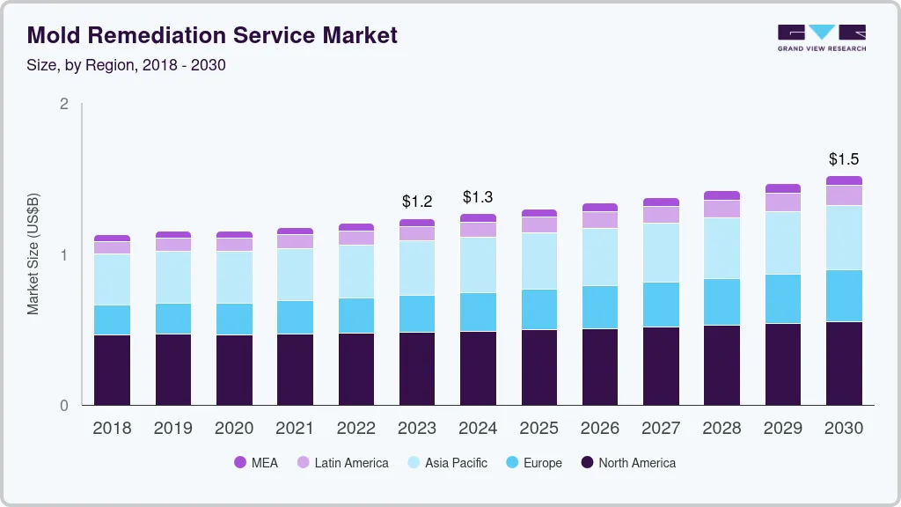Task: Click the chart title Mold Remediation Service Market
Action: pyautogui.click(x=212, y=35)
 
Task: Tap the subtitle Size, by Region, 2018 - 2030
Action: pyautogui.click(x=127, y=65)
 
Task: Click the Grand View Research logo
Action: pyautogui.click(x=821, y=37)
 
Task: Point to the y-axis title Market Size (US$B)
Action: pyautogui.click(x=33, y=255)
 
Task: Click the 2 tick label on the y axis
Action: pyautogui.click(x=63, y=104)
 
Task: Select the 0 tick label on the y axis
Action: pyautogui.click(x=63, y=406)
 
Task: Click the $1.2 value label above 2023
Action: pyautogui.click(x=417, y=202)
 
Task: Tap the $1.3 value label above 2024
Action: pyautogui.click(x=478, y=196)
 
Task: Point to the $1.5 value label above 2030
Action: pyautogui.click(x=844, y=159)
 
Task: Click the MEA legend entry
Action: pyautogui.click(x=255, y=463)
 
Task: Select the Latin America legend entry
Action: pyautogui.click(x=341, y=463)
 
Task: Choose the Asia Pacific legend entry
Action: pyautogui.click(x=446, y=463)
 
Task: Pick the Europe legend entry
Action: pyautogui.click(x=532, y=463)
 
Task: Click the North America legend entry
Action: pyautogui.click(x=627, y=463)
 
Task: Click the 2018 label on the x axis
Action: pyautogui.click(x=112, y=429)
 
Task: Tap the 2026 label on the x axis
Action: pyautogui.click(x=600, y=429)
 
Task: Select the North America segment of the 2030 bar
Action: pyautogui.click(x=844, y=364)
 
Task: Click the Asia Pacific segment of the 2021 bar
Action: pyautogui.click(x=295, y=275)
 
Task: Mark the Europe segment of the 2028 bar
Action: pyautogui.click(x=722, y=302)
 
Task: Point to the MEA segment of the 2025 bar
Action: pyautogui.click(x=538, y=213)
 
